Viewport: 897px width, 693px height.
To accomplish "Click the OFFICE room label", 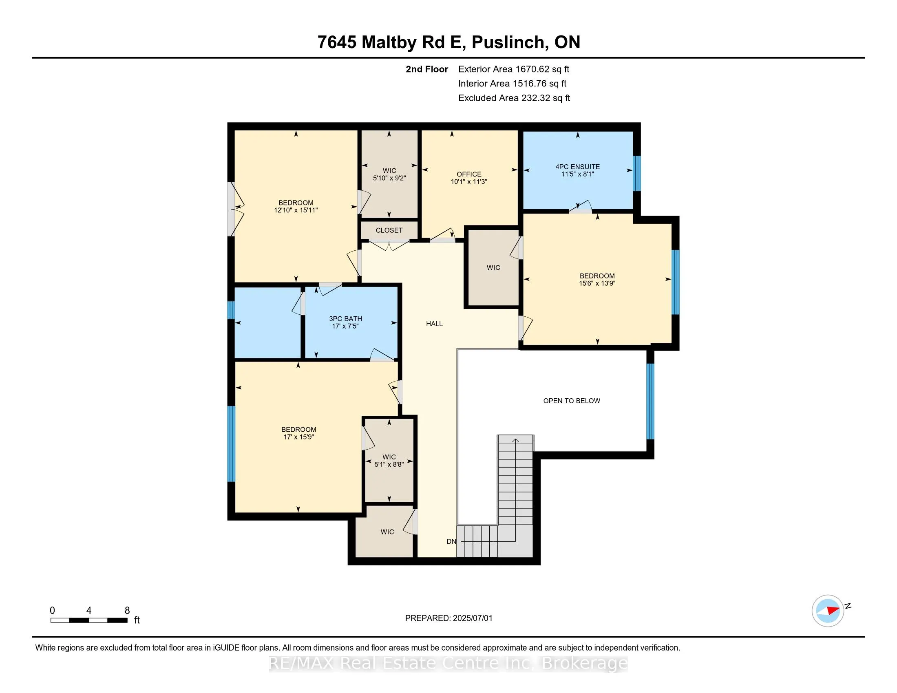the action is click(468, 174).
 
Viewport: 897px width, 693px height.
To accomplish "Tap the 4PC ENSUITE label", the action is click(577, 167).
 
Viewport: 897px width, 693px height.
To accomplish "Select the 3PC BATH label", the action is click(345, 319).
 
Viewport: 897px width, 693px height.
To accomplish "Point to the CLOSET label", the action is click(389, 230).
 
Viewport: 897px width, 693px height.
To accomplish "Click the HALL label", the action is click(434, 324).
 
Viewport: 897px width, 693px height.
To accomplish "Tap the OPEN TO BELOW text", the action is click(572, 401).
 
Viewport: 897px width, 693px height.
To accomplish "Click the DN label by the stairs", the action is click(451, 541).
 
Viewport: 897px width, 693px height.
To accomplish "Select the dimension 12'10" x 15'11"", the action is click(296, 210).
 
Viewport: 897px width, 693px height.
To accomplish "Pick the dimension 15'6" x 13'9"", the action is click(597, 283).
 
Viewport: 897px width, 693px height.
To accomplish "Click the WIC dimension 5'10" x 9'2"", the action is click(389, 178).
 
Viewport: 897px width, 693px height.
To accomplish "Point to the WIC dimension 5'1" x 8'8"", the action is click(389, 464).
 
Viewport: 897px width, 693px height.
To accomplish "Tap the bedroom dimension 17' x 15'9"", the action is click(298, 437).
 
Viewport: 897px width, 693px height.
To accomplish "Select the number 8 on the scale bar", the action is click(127, 611).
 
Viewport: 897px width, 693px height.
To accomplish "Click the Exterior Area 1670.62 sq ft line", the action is click(514, 69).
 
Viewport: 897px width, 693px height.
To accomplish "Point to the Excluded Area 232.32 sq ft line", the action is click(514, 98).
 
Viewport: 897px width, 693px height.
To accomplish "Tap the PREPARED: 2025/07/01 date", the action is click(448, 618).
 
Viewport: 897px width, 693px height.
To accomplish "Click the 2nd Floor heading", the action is click(427, 69).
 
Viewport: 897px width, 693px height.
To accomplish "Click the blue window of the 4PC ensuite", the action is click(636, 173).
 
